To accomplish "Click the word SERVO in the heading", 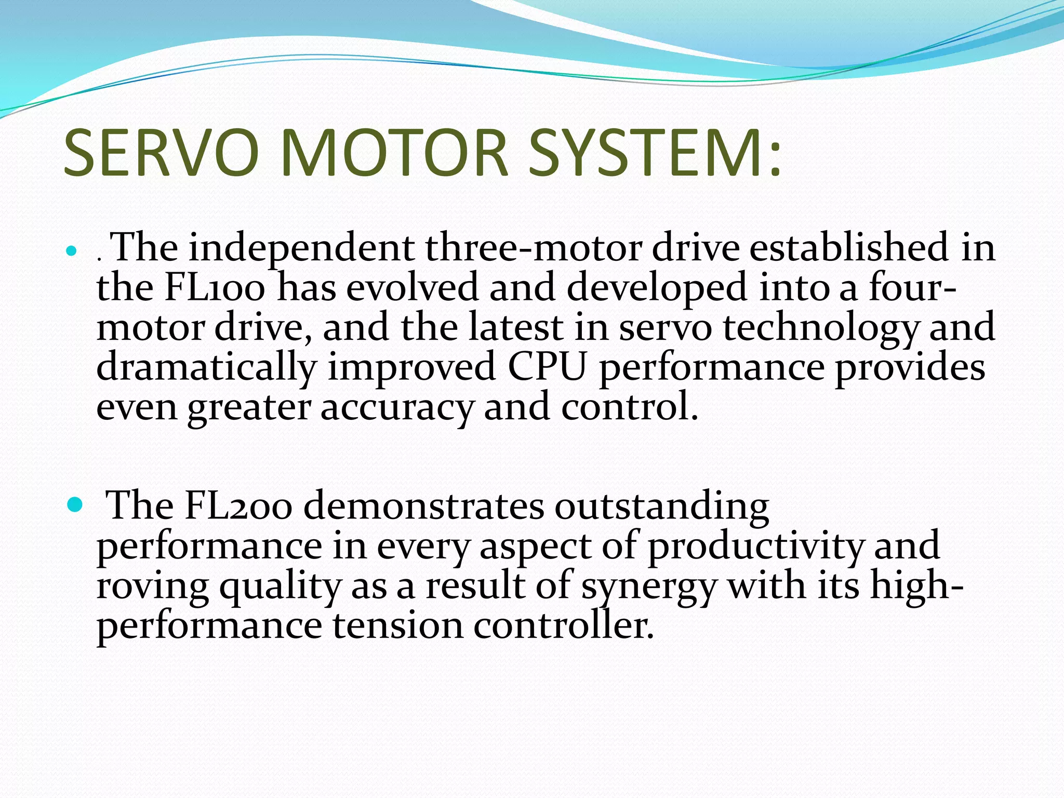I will point(161,153).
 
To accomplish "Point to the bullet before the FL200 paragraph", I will point(75,504).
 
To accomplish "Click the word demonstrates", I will point(423,506).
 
